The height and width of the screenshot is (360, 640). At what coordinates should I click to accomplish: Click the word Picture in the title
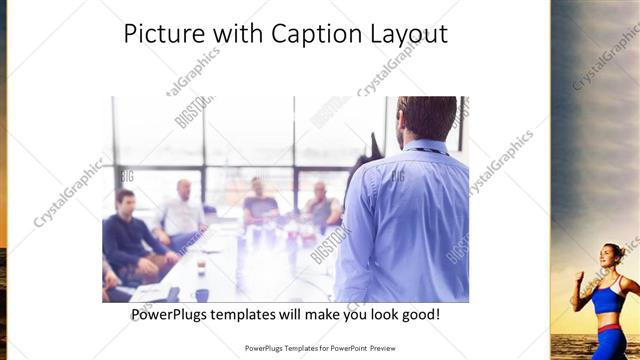[x=160, y=33]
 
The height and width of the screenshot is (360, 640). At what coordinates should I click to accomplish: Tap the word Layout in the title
[x=407, y=34]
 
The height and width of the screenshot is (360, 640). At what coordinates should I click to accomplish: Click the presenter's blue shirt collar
[x=421, y=147]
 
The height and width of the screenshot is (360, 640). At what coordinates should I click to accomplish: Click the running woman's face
[x=607, y=258]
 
